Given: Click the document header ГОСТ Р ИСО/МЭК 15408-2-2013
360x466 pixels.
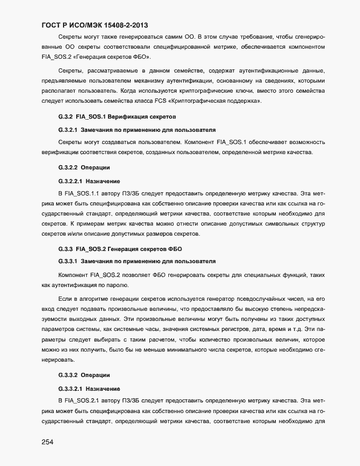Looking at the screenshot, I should click(94, 24).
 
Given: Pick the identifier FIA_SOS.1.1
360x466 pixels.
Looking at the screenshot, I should click(82, 193).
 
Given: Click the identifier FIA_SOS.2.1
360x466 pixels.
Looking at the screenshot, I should click(82, 400).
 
